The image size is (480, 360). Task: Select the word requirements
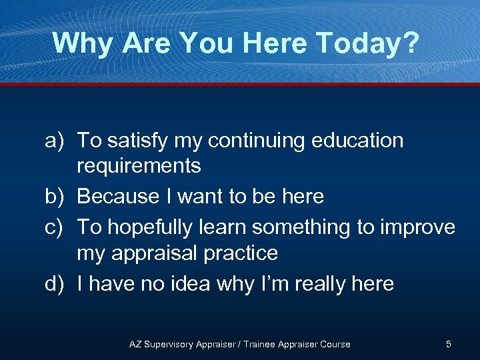pyautogui.click(x=139, y=166)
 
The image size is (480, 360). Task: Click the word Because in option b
pyautogui.click(x=118, y=197)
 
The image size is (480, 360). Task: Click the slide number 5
pyautogui.click(x=449, y=344)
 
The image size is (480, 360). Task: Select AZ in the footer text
pyautogui.click(x=135, y=344)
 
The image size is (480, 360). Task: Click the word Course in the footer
pyautogui.click(x=335, y=344)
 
